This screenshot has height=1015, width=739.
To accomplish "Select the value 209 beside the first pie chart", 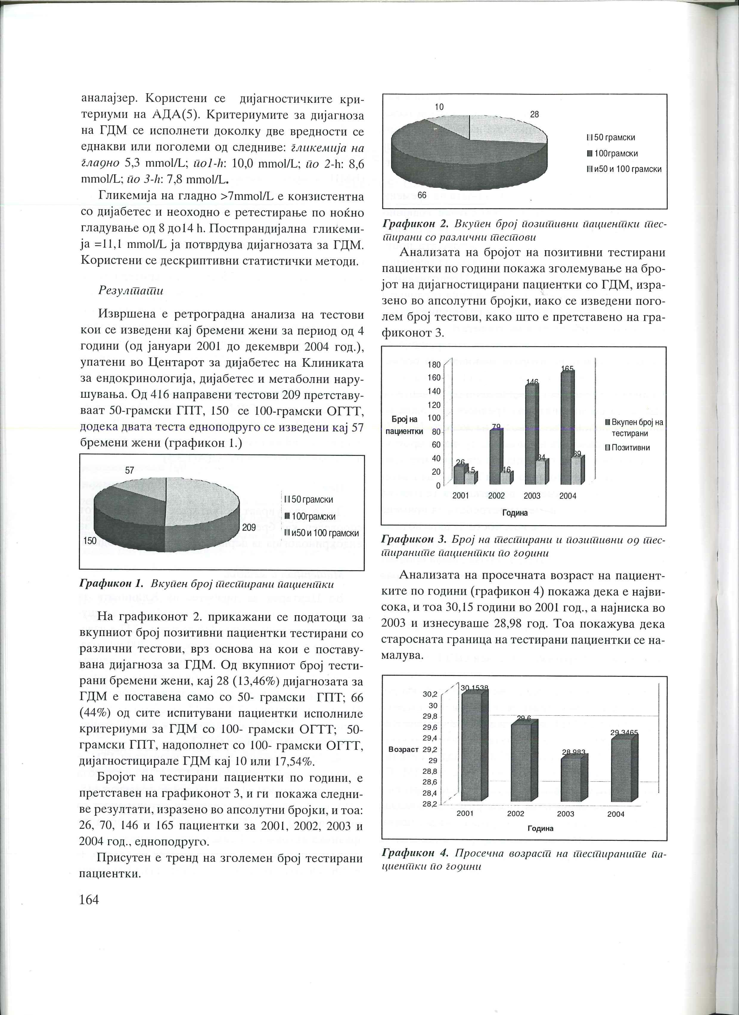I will pos(249,527).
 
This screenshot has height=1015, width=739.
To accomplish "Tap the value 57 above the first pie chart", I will pos(129,470).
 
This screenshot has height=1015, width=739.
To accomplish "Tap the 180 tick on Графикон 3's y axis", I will pos(434,365).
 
